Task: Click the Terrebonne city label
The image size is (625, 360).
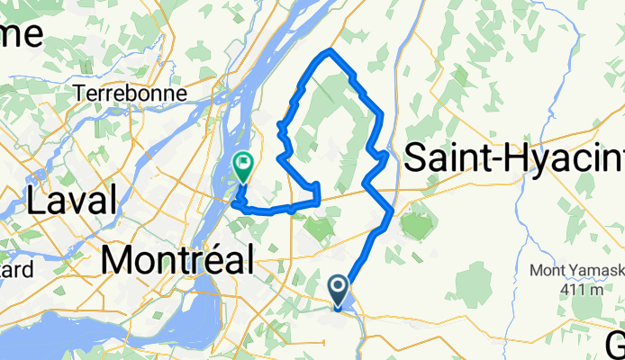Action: point(132,93)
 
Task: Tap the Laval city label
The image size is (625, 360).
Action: point(73,200)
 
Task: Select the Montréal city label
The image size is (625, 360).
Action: point(177,261)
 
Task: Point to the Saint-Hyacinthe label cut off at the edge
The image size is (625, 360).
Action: point(514,158)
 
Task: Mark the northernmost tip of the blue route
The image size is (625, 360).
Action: point(331,50)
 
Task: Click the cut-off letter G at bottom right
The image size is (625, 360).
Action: point(616,346)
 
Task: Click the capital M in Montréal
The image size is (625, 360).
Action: point(117,261)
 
